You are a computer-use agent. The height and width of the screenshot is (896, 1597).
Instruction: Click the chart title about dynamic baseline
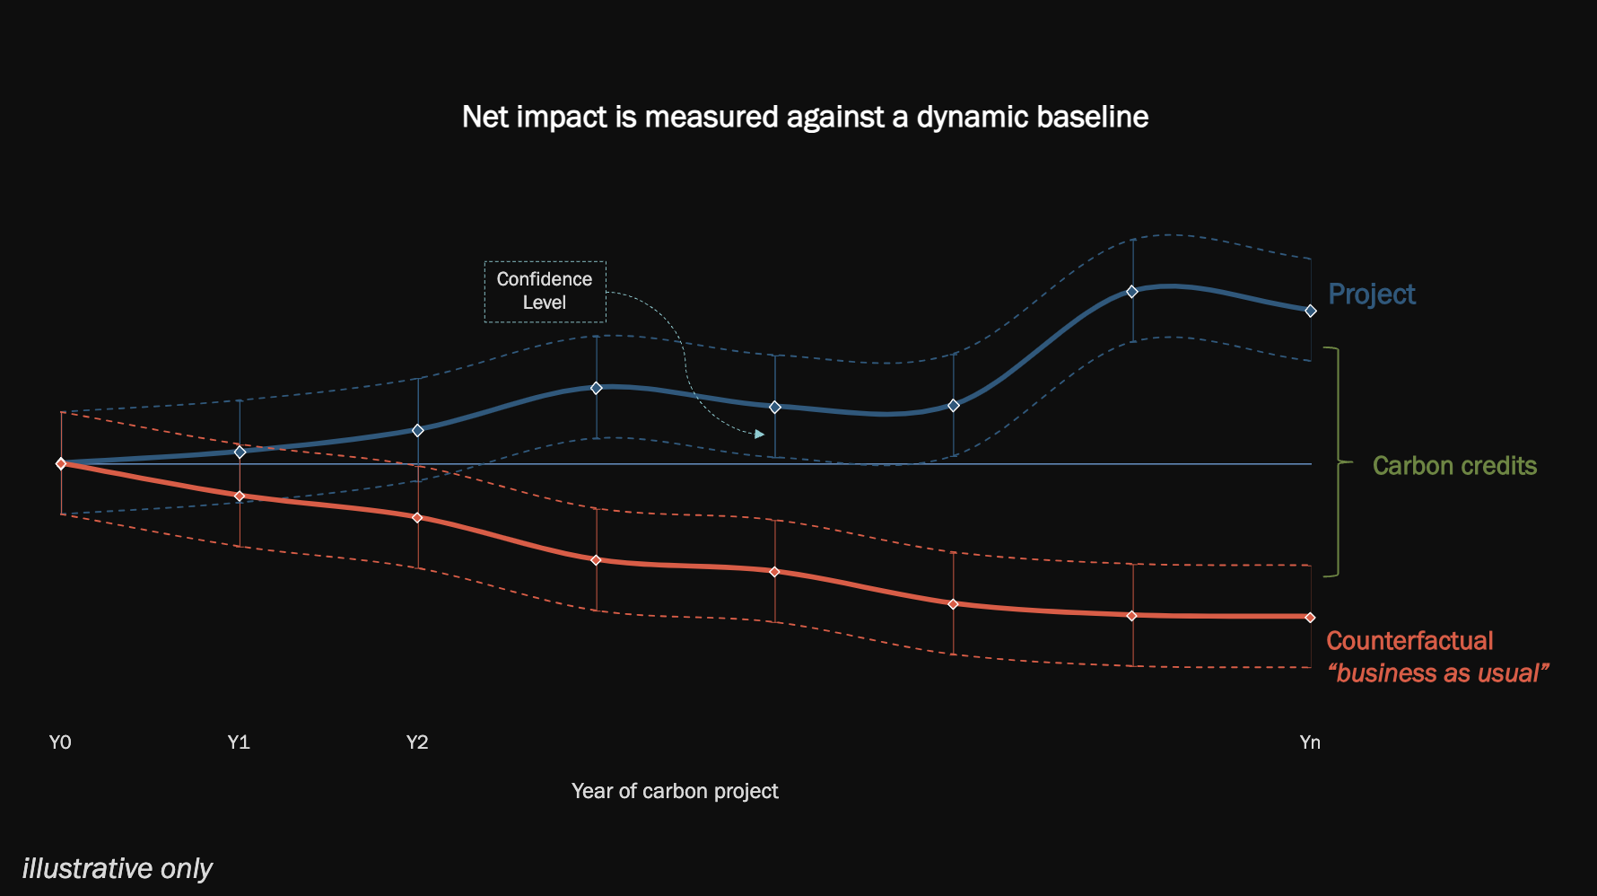(x=805, y=117)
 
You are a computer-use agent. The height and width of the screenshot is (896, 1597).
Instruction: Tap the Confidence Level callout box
(x=545, y=291)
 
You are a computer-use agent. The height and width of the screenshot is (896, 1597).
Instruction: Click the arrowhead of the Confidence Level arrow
(x=759, y=435)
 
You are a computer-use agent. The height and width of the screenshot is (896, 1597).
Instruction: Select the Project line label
(x=1371, y=294)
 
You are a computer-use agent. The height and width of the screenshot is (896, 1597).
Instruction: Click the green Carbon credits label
(x=1453, y=466)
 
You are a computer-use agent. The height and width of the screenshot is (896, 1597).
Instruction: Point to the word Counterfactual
(x=1409, y=641)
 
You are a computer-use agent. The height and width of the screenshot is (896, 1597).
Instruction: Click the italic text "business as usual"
(x=1437, y=673)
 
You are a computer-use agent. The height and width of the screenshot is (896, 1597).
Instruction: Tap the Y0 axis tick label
(x=60, y=742)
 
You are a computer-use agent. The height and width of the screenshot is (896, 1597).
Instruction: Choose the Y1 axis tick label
(x=239, y=742)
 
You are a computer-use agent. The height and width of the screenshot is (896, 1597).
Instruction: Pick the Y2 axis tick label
(x=417, y=742)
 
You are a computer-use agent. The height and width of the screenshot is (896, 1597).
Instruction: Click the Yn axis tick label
(x=1310, y=742)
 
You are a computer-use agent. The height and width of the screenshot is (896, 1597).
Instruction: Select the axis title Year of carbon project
(x=675, y=791)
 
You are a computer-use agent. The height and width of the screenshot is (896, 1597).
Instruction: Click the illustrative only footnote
(x=117, y=868)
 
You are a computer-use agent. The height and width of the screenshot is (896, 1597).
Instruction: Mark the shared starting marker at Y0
(x=61, y=463)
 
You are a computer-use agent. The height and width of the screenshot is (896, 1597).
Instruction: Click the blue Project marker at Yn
(x=1311, y=311)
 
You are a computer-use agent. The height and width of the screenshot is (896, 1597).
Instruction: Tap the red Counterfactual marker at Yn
(x=1311, y=617)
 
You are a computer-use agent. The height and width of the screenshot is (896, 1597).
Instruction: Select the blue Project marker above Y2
(x=417, y=430)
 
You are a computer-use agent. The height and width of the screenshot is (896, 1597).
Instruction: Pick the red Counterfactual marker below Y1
(x=240, y=496)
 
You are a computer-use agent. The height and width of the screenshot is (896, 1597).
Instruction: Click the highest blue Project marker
(x=1132, y=292)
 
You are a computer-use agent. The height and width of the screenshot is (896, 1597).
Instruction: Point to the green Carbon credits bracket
(x=1338, y=461)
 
